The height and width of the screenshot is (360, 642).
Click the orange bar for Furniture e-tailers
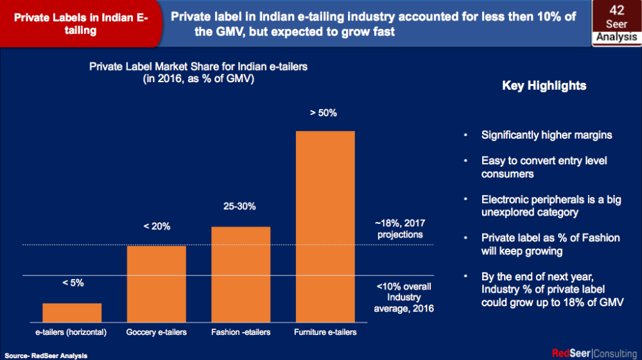pyautogui.click(x=325, y=226)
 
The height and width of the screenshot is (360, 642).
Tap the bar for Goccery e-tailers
pyautogui.click(x=156, y=283)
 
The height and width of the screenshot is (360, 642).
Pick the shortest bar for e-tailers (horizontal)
pyautogui.click(x=72, y=312)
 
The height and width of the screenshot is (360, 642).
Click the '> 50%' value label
pyautogui.click(x=323, y=113)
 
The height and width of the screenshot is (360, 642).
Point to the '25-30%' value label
pyautogui.click(x=239, y=207)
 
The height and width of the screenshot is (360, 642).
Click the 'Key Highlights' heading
pyautogui.click(x=544, y=85)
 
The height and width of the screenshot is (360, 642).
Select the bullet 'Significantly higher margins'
pyautogui.click(x=546, y=135)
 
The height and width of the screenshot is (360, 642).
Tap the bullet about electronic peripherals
pyautogui.click(x=551, y=206)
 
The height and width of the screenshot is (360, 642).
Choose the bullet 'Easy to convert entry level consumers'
pyautogui.click(x=544, y=167)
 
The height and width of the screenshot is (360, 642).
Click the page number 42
pyautogui.click(x=616, y=10)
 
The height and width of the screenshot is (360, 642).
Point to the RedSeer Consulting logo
pyautogui.click(x=594, y=353)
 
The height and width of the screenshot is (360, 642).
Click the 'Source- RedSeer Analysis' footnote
pyautogui.click(x=46, y=355)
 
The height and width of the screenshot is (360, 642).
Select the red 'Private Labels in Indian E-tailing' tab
pyautogui.click(x=80, y=24)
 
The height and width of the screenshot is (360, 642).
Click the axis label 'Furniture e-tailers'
pyautogui.click(x=325, y=332)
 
